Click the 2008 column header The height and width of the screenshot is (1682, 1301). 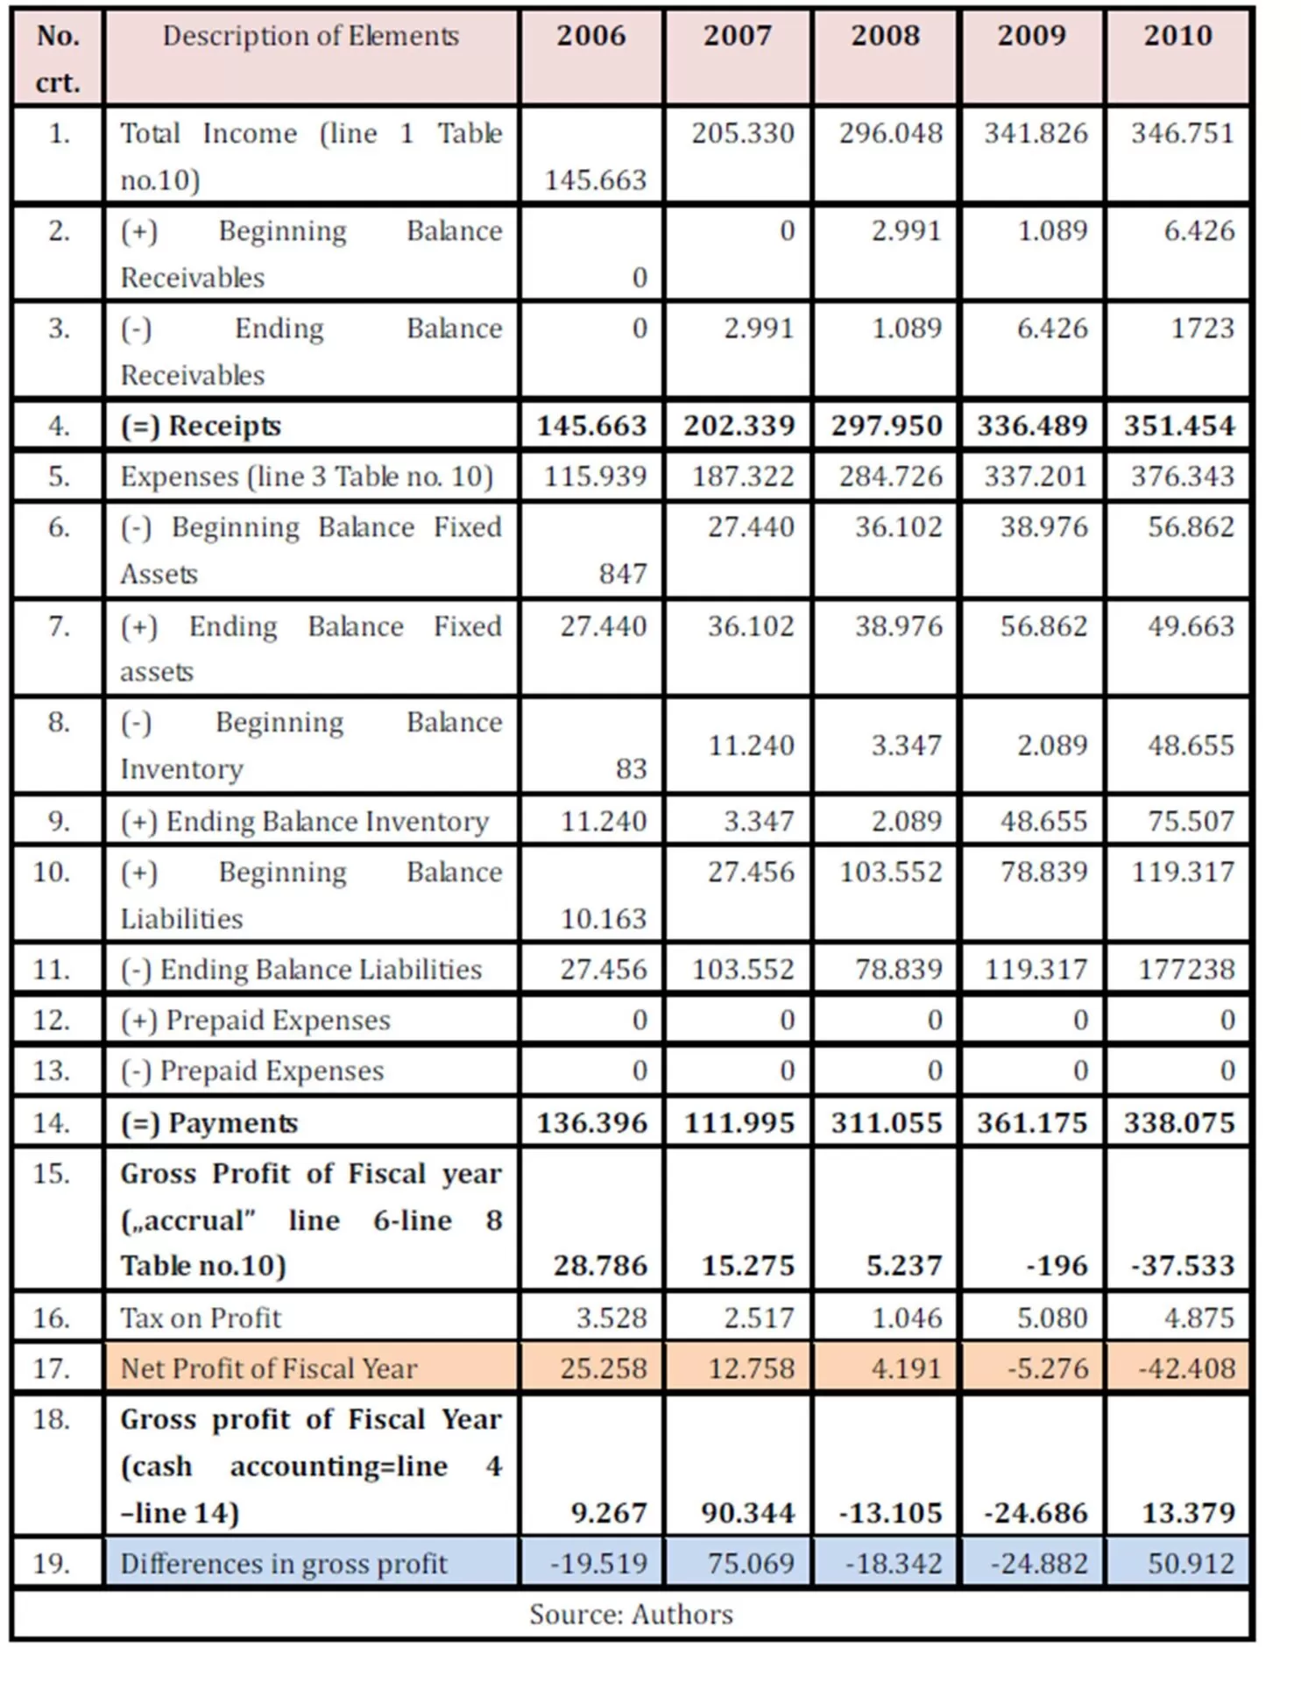pos(885,36)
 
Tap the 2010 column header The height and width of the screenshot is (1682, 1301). pos(1177,36)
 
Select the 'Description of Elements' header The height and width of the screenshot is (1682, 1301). pos(310,36)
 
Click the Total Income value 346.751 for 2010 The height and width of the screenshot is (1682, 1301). pos(1181,133)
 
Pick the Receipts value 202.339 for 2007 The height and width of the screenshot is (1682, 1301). pos(739,426)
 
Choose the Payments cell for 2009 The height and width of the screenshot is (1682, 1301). pos(1032,1123)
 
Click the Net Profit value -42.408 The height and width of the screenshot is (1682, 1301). pos(1186,1368)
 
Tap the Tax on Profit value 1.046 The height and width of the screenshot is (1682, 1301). pos(906,1318)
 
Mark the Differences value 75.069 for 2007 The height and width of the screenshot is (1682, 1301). pos(751,1564)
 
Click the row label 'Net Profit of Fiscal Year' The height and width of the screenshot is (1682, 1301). pos(268,1368)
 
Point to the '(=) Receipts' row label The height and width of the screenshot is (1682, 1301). pos(201,426)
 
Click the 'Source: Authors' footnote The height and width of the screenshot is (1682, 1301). pos(631,1615)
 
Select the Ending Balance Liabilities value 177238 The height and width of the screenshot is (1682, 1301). pos(1186,970)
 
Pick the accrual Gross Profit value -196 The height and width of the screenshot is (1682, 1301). pos(1057,1266)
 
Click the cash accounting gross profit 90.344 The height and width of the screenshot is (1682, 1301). pos(747,1513)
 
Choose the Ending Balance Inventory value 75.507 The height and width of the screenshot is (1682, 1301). pos(1190,822)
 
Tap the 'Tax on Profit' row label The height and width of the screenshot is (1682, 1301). pos(201,1318)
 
